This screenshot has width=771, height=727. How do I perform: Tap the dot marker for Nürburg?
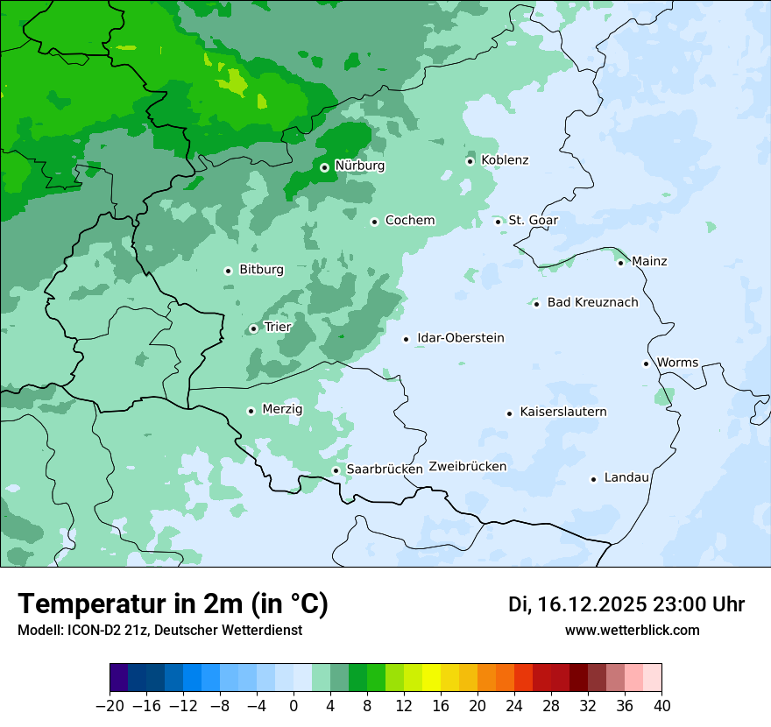coord(324,166)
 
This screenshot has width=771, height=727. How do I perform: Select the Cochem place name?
coord(410,221)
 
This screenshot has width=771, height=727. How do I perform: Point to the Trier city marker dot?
coord(253,328)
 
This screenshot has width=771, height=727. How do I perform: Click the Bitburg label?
coord(261,270)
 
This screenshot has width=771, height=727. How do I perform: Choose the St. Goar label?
coord(533,221)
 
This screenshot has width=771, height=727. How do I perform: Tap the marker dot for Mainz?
coord(620,263)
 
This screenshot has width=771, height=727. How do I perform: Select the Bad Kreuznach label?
coord(592,303)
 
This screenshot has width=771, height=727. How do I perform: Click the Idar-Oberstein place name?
coord(461,338)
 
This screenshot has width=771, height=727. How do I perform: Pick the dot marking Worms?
coord(646,363)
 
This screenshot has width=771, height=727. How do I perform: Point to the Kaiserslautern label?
coord(563,412)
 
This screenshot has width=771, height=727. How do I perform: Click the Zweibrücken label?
coord(468,467)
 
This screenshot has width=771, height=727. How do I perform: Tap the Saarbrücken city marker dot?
coord(336,470)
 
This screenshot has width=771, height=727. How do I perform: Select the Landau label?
coord(626,478)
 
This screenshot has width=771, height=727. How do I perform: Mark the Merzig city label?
coord(282,410)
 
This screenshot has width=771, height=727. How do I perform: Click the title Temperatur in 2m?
coord(173,604)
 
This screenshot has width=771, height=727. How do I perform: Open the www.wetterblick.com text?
coord(632,631)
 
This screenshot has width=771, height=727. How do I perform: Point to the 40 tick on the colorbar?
coord(661,706)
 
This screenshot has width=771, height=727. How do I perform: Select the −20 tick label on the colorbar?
coord(110,706)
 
